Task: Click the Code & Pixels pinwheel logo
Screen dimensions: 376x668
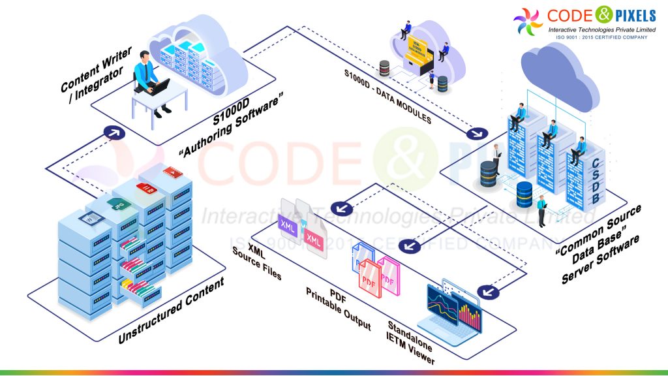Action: click(x=528, y=22)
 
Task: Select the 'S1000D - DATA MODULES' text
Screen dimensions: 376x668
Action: click(x=387, y=95)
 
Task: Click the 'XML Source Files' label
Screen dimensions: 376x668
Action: click(x=257, y=262)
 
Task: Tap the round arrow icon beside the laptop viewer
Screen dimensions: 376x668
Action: click(x=484, y=291)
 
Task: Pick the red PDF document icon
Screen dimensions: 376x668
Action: click(x=370, y=278)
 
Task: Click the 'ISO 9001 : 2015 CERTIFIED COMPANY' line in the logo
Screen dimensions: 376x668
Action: click(x=601, y=38)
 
